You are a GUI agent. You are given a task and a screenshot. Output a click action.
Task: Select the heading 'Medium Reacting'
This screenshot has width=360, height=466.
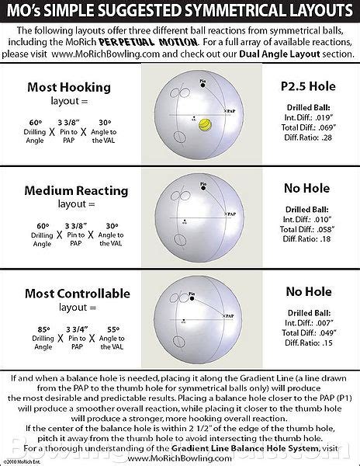(67, 190)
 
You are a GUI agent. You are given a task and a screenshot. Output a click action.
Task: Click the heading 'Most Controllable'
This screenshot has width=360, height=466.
(67, 293)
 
